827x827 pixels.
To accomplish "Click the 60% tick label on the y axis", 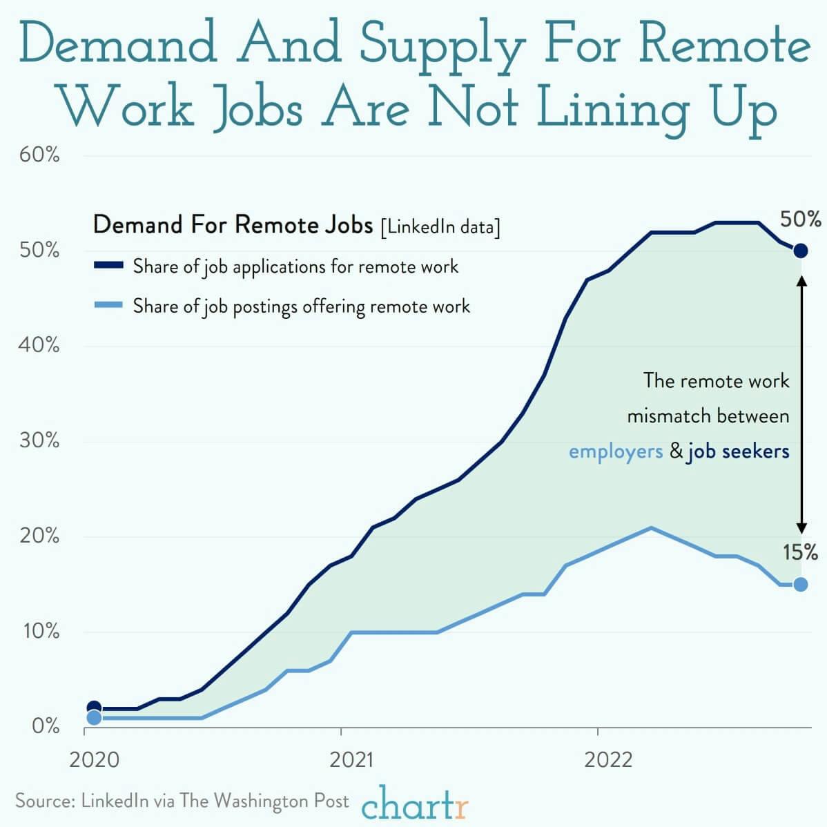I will (x=39, y=155).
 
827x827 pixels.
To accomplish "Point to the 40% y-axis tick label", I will (x=39, y=345).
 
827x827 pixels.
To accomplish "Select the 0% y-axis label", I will (x=45, y=727).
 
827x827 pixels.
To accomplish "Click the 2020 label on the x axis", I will (x=94, y=760).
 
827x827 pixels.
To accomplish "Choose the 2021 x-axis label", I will (x=351, y=760).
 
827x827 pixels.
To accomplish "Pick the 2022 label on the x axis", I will (x=608, y=760).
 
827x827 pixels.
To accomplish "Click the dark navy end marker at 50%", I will (x=800, y=251).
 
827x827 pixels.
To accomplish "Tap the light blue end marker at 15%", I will (x=800, y=584).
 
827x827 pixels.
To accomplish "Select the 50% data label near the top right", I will (x=801, y=220).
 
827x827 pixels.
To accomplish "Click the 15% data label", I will (x=801, y=552).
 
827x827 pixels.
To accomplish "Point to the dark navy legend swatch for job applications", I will (x=108, y=265).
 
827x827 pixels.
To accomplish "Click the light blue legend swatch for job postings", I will (x=108, y=304).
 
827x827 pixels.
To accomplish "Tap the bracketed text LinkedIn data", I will (x=440, y=227).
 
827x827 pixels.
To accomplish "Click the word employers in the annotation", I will (x=615, y=452).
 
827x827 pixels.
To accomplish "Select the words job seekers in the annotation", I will (x=737, y=452).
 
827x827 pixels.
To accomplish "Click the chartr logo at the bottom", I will (x=414, y=804).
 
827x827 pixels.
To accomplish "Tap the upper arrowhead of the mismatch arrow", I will (x=801, y=280).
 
